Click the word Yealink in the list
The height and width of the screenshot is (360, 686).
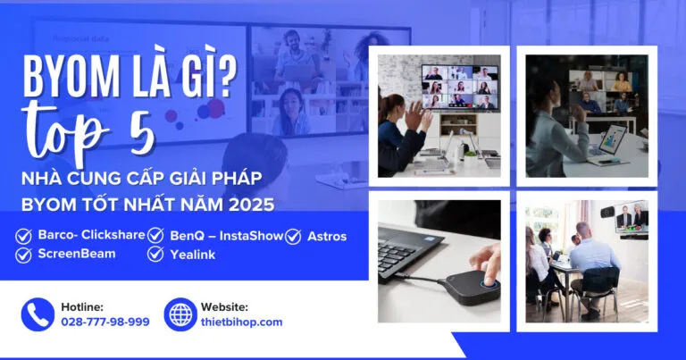coord(193,255)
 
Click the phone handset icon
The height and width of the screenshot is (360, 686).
coord(37,314)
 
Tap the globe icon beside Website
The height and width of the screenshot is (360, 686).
coord(180,314)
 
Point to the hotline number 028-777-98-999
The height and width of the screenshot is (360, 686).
coord(105,322)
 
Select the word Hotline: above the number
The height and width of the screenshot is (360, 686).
coord(82,306)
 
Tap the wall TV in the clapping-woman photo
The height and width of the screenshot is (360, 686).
coord(460,88)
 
